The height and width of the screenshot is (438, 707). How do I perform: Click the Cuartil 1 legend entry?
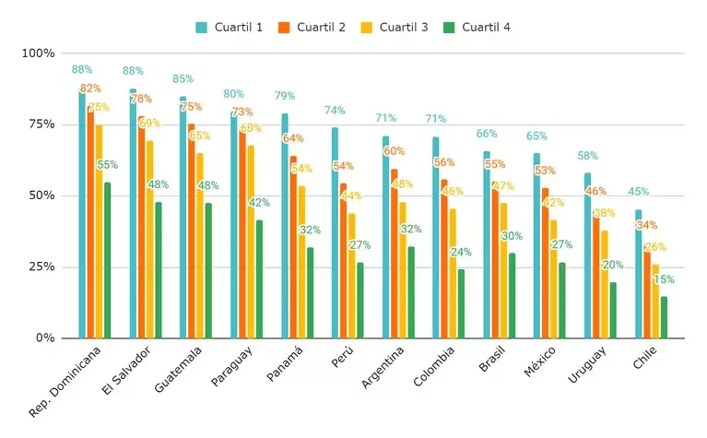point(230,27)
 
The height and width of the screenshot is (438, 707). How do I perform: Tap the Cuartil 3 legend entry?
point(395,27)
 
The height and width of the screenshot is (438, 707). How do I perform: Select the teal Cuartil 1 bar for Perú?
point(335,232)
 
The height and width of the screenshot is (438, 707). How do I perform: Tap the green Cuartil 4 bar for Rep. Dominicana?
point(107,260)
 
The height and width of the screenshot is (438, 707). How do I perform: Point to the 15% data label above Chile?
point(664,279)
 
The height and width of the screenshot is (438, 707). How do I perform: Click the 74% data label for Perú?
point(335,111)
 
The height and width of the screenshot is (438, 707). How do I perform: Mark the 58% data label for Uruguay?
point(588,156)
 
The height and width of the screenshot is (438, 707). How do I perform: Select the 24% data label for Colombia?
point(462,252)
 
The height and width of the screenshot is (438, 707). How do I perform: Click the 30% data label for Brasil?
point(513,236)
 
